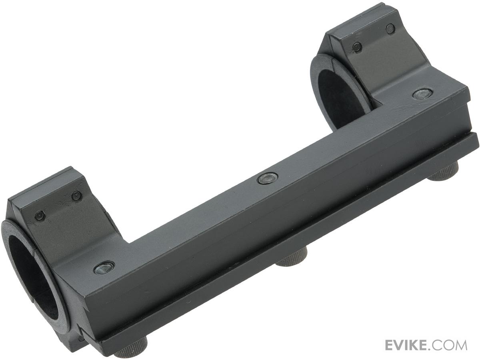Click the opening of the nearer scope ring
tap(33, 263)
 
